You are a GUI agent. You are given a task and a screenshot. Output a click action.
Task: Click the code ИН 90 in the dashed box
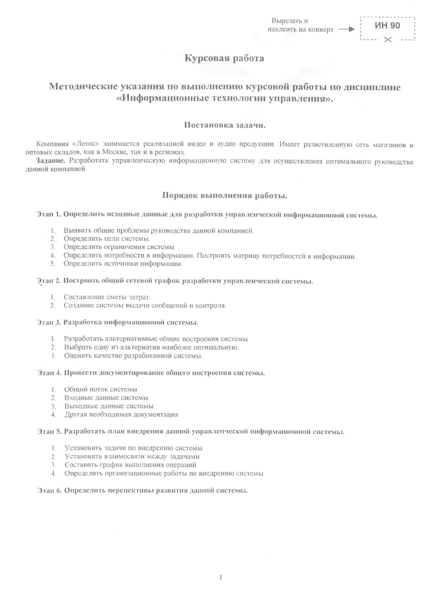click(x=387, y=26)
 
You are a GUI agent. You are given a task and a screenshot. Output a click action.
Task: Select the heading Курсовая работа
click(x=224, y=58)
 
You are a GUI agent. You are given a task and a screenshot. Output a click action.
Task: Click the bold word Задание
click(x=51, y=161)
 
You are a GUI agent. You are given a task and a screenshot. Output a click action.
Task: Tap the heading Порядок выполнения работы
click(x=225, y=196)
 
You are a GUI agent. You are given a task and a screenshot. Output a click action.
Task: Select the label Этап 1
click(x=48, y=214)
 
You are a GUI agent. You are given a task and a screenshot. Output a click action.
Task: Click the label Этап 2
click(x=48, y=281)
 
